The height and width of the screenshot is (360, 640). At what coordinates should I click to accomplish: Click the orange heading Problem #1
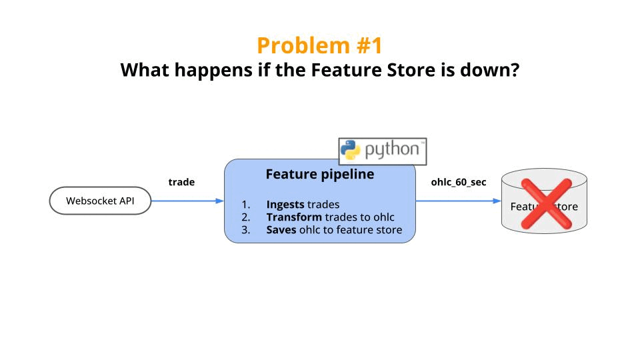320,45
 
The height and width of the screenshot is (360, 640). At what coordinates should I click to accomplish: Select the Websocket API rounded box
100,201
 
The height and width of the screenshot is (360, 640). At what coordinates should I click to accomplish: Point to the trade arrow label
181,182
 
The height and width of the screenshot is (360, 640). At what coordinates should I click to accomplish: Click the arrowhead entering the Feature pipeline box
220,201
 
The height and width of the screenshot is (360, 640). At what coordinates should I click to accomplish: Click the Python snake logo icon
351,151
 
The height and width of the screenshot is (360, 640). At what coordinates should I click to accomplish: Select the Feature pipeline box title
319,175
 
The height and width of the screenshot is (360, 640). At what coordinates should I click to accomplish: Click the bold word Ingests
285,205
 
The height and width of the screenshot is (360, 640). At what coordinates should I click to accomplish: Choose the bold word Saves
282,230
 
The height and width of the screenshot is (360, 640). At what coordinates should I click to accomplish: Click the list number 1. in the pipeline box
246,205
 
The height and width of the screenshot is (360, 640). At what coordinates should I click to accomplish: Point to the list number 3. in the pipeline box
246,230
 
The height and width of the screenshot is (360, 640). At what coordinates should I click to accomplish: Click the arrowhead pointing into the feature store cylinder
497,201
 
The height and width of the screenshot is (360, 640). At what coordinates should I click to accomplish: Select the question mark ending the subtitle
514,69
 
